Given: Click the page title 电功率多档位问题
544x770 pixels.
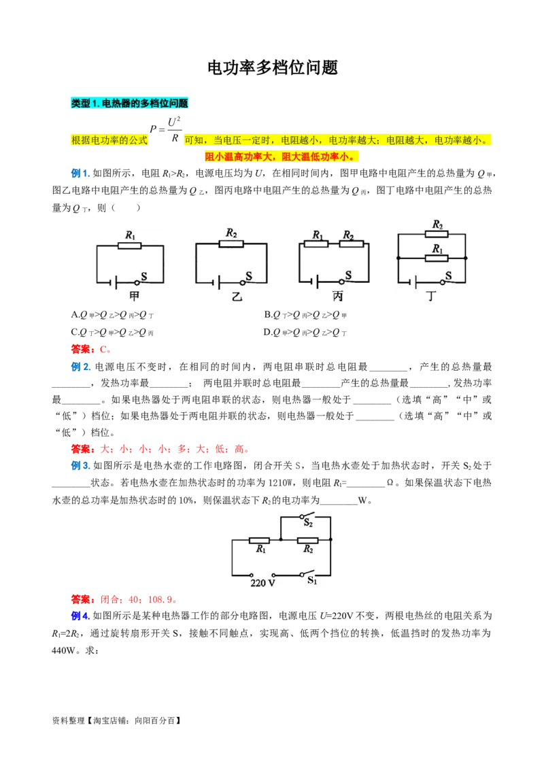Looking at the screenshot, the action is tap(273, 67).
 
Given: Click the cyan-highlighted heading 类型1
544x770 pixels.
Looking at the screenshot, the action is tap(130, 103).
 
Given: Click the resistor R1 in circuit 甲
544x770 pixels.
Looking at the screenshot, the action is tap(130, 245).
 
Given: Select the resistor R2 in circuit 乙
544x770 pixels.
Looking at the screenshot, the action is tap(231, 243).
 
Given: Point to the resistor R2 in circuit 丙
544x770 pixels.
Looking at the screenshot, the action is tap(352, 244).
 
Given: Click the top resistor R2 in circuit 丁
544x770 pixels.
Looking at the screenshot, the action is tap(437, 234).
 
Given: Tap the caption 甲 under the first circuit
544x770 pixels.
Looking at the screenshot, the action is tap(134, 296).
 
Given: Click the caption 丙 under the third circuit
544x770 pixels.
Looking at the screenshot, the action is tap(337, 296).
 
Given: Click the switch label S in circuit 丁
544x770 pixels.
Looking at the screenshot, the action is tap(448, 275).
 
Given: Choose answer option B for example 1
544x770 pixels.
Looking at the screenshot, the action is tap(305, 315).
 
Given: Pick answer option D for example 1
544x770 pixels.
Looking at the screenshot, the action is tap(305, 333).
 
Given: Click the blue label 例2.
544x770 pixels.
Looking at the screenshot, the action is tap(81, 367).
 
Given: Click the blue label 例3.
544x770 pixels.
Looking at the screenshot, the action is tap(81, 465).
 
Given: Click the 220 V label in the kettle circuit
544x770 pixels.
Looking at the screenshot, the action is tap(262, 583).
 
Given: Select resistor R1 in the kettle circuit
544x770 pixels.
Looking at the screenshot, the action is tap(259, 540).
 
